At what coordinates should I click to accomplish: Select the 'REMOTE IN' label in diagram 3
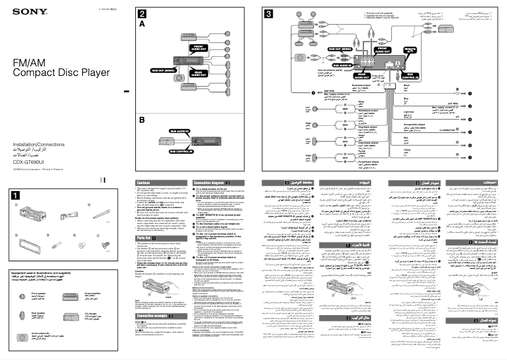tap(410, 49)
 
